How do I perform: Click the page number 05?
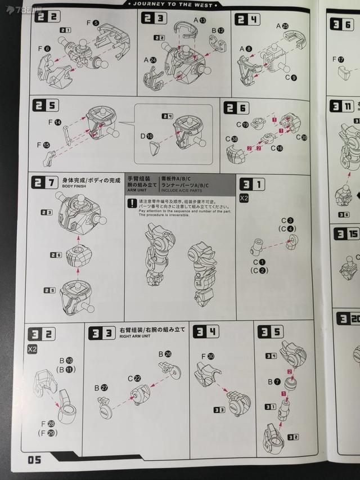click(x=34, y=460)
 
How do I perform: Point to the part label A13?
click(x=199, y=20)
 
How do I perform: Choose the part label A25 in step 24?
click(x=282, y=26)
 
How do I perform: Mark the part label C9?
click(x=290, y=77)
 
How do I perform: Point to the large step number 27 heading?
click(x=45, y=182)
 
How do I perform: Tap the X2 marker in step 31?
click(x=244, y=198)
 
